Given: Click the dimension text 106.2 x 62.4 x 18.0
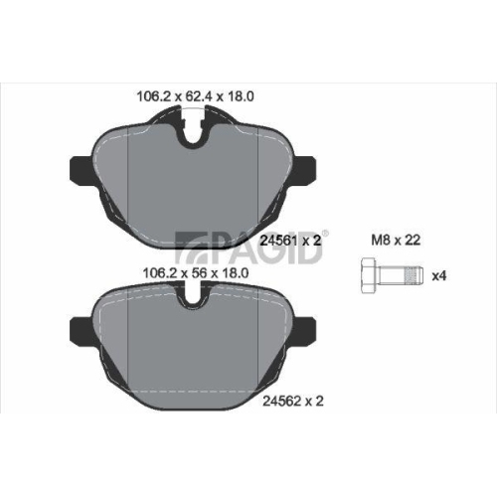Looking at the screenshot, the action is click(x=195, y=96).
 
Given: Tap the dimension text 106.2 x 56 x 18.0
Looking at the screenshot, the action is click(x=195, y=273).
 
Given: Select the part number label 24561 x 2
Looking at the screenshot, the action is click(x=290, y=241).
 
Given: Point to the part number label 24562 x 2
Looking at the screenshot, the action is click(x=293, y=402).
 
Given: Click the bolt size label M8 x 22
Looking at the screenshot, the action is click(x=396, y=240).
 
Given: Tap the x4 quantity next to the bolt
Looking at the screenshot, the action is click(x=439, y=275).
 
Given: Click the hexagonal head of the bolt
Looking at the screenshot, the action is click(x=369, y=275).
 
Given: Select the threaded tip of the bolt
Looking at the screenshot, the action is click(x=414, y=275).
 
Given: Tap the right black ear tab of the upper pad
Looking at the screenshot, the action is click(x=304, y=169).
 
